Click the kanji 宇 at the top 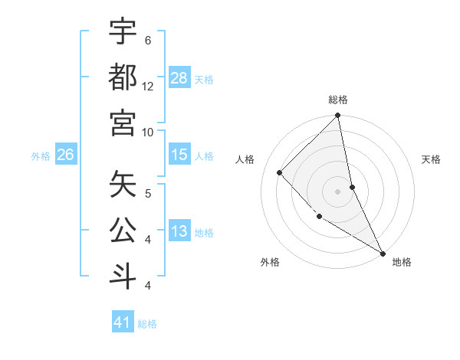[123, 32]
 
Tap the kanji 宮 [123, 123]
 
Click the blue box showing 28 [179, 77]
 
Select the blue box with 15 [179, 155]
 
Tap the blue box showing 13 [179, 232]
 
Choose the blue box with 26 [65, 155]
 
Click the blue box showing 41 [123, 322]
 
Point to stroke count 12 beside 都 [148, 86]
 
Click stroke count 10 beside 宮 [148, 132]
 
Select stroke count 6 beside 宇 [148, 40]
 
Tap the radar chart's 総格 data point [337, 116]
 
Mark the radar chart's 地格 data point [382, 252]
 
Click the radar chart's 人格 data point [280, 172]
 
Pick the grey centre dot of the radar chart [337, 191]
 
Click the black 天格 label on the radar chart [431, 159]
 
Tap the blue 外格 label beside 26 [41, 155]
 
